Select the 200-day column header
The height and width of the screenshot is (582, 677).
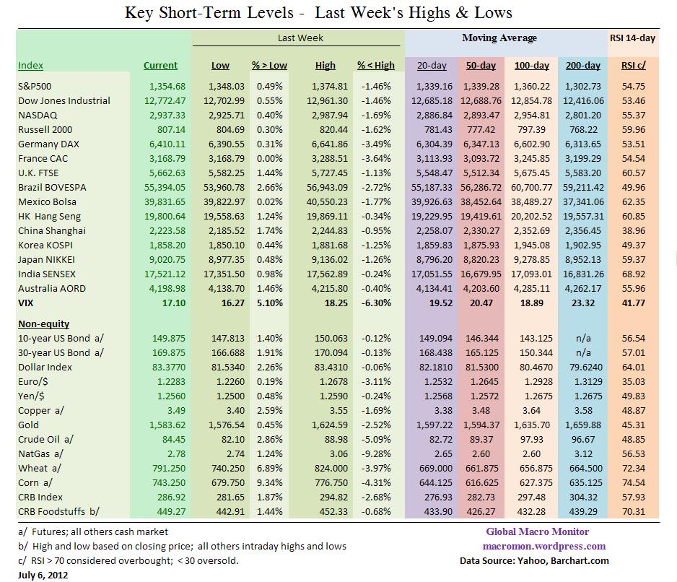pos(582,66)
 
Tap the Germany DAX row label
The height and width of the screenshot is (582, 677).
pos(48,144)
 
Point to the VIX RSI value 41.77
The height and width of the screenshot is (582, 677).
pos(633,303)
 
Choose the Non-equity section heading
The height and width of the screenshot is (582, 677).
pos(44,324)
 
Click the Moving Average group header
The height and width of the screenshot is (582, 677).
pos(499,38)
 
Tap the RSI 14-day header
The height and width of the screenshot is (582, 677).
pos(632,38)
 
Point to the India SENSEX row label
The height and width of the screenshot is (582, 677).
pos(47,274)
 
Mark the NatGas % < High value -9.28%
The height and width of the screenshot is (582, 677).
pos(376,454)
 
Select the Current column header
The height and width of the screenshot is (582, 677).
pos(160,66)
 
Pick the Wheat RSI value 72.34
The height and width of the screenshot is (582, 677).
pos(633,469)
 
